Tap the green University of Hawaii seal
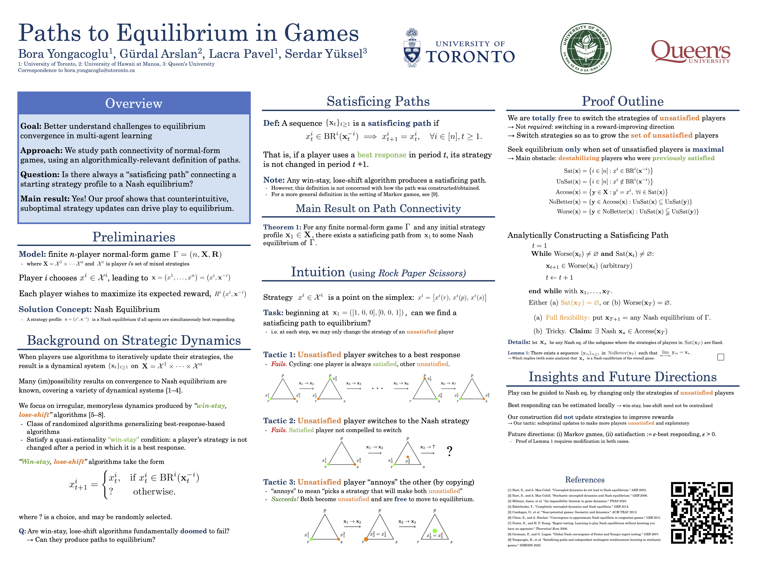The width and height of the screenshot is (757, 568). pos(586,49)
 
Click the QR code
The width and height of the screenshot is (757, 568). pos(702,513)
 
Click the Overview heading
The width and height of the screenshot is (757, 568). pos(134,103)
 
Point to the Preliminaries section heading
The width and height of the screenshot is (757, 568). pos(134,237)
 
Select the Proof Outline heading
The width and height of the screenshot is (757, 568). pos(623,101)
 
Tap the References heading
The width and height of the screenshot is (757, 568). pos(585,480)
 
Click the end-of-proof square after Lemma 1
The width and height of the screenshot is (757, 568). pos(720,357)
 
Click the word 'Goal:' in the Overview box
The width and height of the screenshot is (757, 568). pos(31,126)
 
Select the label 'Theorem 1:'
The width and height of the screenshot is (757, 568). pos(282,227)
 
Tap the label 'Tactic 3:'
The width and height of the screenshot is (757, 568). pos(279,482)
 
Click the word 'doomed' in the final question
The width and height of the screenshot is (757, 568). pos(193,531)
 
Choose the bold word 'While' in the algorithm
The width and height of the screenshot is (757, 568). pos(541,254)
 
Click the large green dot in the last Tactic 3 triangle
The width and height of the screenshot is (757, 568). pos(435,531)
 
